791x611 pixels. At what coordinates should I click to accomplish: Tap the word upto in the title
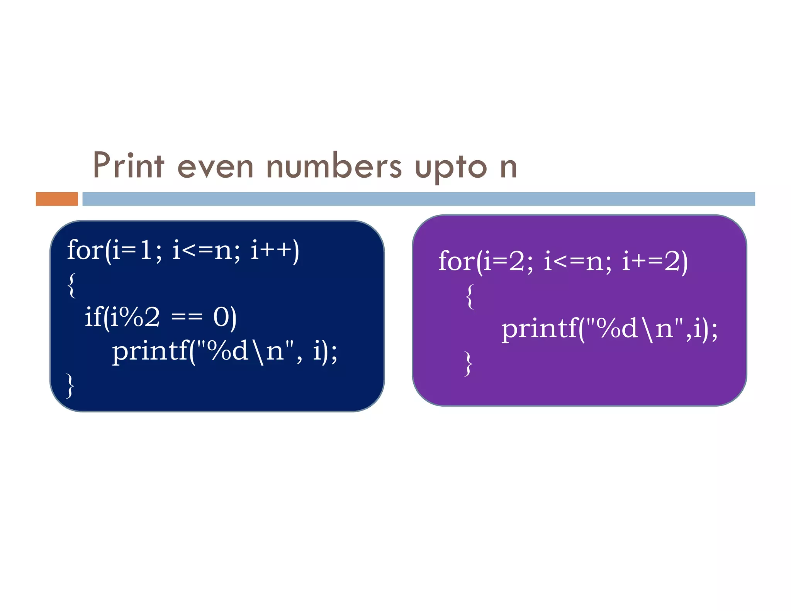click(x=451, y=168)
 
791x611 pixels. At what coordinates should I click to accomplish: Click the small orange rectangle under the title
click(x=57, y=199)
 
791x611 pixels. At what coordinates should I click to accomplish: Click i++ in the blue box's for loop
click(x=272, y=250)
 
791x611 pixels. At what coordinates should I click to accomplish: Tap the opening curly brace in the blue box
click(x=71, y=285)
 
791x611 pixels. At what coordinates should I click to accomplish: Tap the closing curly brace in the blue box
click(x=70, y=385)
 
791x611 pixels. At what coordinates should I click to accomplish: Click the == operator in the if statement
click(x=187, y=317)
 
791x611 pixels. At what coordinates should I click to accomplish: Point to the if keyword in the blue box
click(x=93, y=317)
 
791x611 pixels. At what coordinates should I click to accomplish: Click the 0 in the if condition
click(x=221, y=317)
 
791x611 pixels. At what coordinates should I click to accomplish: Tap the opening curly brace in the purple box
click(x=470, y=297)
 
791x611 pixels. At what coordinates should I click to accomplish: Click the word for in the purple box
click(x=456, y=261)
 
